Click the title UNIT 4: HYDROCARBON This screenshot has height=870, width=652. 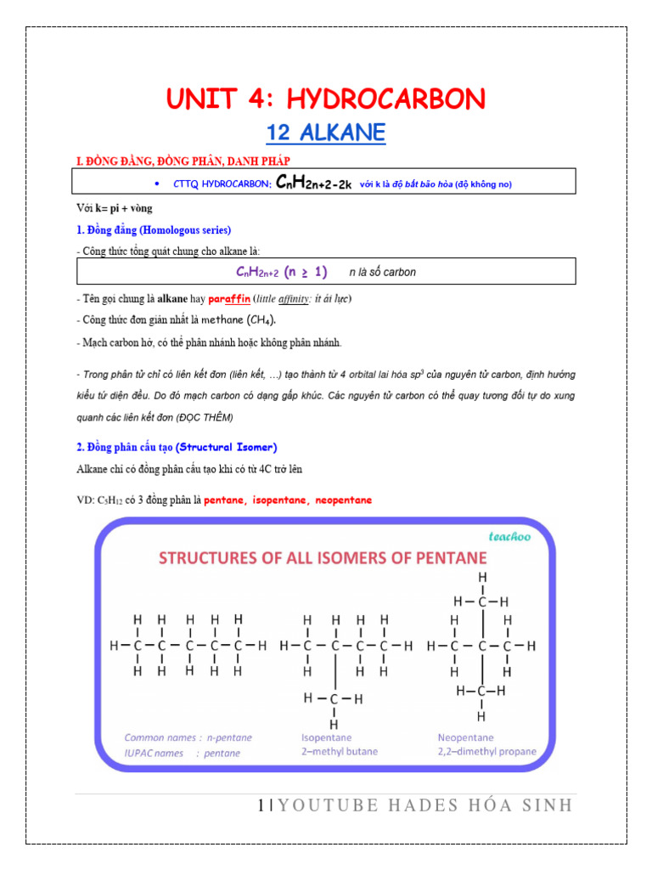click(326, 99)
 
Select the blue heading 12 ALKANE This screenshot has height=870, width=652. click(326, 133)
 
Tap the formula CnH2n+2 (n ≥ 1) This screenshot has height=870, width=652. click(281, 272)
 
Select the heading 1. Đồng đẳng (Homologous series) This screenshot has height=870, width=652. click(154, 230)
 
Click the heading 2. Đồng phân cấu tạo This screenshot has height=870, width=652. click(177, 447)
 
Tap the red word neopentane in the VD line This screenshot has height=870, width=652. click(343, 500)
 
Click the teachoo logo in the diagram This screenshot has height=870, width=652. click(509, 536)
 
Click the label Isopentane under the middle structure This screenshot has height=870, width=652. click(327, 737)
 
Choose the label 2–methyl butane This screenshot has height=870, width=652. click(340, 752)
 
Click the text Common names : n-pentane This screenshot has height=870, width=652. click(188, 737)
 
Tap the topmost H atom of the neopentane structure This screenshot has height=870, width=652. click(482, 578)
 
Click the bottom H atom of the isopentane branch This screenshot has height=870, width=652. click(334, 724)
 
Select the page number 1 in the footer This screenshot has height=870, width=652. click(261, 805)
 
